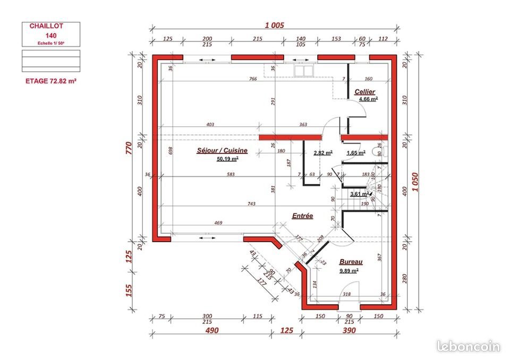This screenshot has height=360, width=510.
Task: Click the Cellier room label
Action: [x=365, y=92]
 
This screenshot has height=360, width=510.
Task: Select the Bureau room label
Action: [x=351, y=262]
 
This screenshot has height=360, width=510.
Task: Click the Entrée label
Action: [x=302, y=216]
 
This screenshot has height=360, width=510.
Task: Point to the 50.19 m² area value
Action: [x=227, y=158]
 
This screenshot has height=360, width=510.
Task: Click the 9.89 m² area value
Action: [x=349, y=270]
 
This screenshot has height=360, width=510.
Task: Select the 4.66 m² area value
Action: [x=368, y=99]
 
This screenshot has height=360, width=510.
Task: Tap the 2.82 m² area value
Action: [x=323, y=153]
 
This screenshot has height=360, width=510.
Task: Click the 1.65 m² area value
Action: [x=355, y=153]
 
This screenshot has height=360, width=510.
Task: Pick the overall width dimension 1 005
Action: [x=274, y=25]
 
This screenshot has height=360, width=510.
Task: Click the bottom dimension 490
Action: [x=212, y=330]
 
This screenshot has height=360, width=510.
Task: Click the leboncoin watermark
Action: [x=468, y=347]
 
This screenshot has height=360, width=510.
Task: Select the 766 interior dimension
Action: [x=253, y=79]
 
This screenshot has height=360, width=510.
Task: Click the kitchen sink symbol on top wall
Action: [x=302, y=70]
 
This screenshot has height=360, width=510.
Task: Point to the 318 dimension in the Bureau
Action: [x=346, y=294]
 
